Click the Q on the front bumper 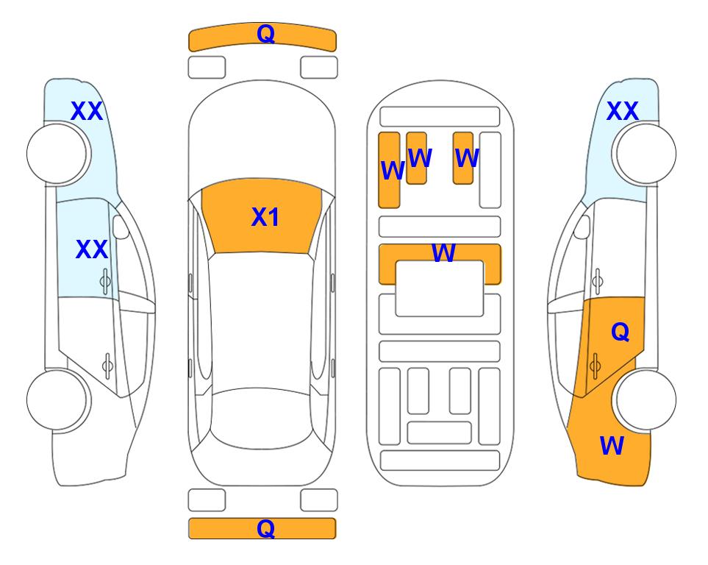point(265,34)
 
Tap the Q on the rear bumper point(265,528)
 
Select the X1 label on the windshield point(265,217)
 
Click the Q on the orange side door point(620,333)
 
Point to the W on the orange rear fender point(612,446)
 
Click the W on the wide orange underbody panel point(443,253)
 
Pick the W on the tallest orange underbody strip point(393,171)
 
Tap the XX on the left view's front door point(92,249)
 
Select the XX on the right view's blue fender point(622,111)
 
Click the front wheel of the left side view point(58,154)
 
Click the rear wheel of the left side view point(58,400)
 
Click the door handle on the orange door point(595,366)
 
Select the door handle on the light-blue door point(106,281)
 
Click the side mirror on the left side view point(121,227)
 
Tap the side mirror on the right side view point(582,227)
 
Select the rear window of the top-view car point(262,418)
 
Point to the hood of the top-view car point(262,135)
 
